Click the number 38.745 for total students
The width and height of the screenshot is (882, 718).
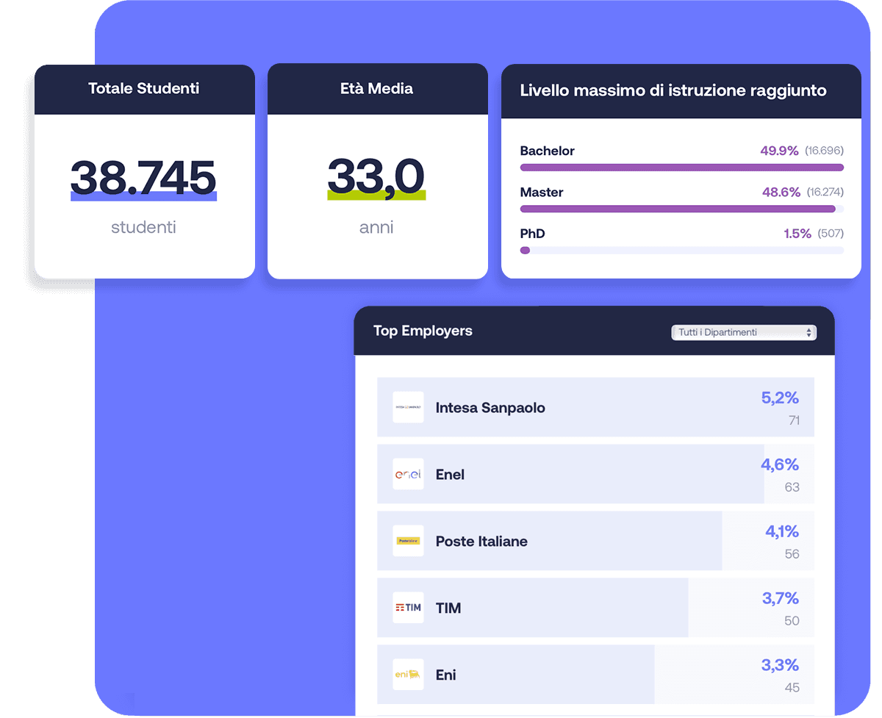[x=143, y=177]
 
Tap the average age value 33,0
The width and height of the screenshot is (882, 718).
[x=376, y=177]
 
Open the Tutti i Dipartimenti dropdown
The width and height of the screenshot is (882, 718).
[x=744, y=332]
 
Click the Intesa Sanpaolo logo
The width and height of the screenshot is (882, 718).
[x=408, y=407]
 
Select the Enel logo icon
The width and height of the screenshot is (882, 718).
[x=408, y=474]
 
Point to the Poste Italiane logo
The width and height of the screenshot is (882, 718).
[x=408, y=541]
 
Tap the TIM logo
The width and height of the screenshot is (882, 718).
[x=408, y=608]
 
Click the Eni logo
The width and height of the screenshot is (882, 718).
[x=408, y=675]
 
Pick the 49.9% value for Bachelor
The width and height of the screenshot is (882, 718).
[x=779, y=151]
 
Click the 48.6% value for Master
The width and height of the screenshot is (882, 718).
[x=781, y=192]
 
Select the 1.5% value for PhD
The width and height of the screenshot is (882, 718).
[x=797, y=234]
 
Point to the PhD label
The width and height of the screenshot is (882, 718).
[x=532, y=234]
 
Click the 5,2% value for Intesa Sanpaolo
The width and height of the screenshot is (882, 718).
[x=780, y=398]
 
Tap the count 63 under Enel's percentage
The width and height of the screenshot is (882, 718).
[x=792, y=487]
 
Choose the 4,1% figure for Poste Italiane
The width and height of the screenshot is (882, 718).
[x=781, y=531]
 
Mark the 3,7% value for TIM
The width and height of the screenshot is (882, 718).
[x=780, y=598]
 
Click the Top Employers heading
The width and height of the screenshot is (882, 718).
[x=423, y=331]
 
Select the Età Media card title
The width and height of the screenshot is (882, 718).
[x=376, y=89]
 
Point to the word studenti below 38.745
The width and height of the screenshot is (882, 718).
[x=143, y=227]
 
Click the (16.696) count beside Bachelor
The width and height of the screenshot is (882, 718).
[x=824, y=151]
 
